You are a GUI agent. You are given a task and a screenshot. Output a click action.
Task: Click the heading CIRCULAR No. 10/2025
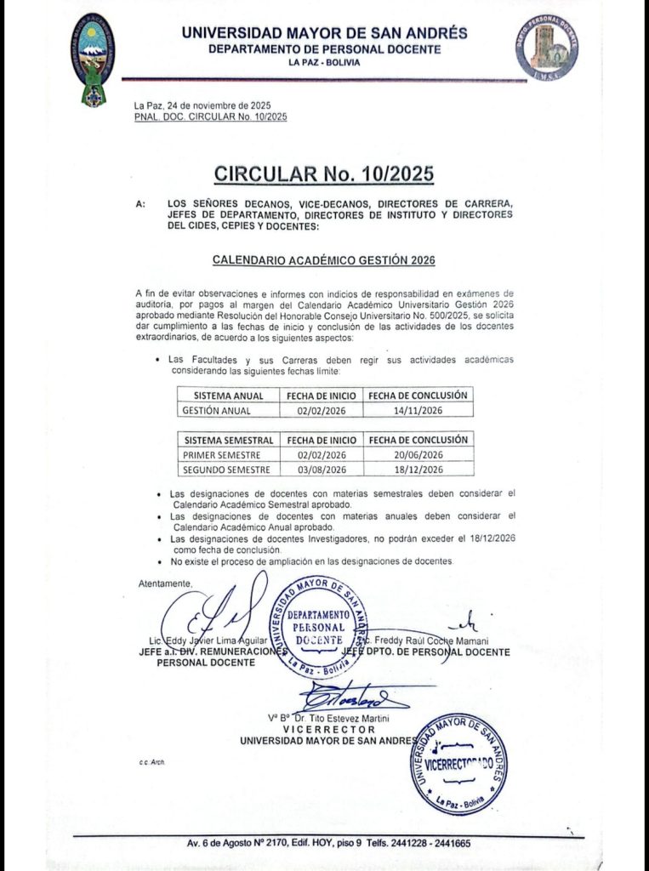[x=324, y=174]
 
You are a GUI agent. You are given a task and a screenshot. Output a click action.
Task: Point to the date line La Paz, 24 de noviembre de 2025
[x=202, y=105]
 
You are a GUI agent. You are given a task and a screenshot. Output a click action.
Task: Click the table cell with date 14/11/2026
[x=418, y=410]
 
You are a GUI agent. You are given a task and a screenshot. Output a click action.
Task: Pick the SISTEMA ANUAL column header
[x=229, y=396]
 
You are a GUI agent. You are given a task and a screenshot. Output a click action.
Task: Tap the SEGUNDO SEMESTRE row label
[x=226, y=470]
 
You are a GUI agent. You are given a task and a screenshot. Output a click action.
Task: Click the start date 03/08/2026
[x=322, y=470]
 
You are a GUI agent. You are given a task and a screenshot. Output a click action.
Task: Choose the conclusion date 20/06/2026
[x=418, y=455]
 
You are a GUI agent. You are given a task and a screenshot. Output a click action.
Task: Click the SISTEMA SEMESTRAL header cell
[x=229, y=441]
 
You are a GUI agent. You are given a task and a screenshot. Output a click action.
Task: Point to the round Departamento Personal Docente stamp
[x=317, y=625]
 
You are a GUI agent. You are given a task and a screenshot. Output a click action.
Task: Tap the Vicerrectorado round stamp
[x=458, y=764]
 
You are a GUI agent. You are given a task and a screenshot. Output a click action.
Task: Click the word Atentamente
[x=165, y=583]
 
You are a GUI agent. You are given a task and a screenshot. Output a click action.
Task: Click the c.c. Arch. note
[x=151, y=762]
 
